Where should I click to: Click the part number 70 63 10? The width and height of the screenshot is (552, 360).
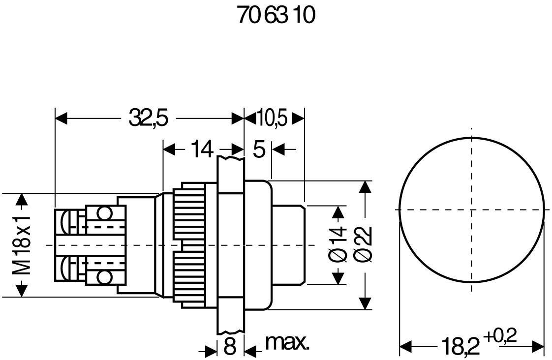coord(276,16)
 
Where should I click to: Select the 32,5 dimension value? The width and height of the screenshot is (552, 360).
coord(149,119)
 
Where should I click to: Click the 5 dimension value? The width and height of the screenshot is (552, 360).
coord(259,149)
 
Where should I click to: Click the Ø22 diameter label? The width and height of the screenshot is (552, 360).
coord(365,245)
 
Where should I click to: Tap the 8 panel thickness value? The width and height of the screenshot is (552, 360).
coord(230,347)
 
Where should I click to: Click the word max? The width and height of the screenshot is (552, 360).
coord(287,343)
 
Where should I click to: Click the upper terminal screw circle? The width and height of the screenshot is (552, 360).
coord(104,212)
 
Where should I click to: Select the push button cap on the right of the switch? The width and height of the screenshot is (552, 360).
coord(287,245)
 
